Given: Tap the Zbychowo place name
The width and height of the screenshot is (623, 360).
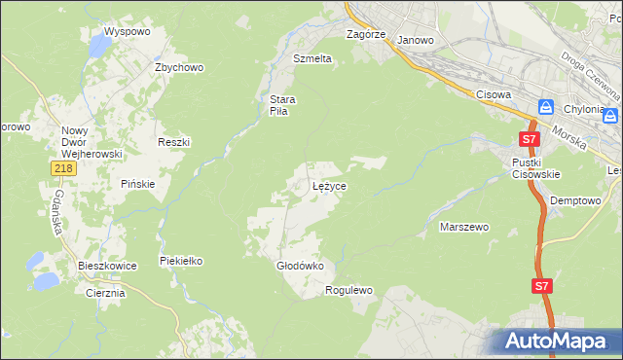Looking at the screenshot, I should tap(179, 67).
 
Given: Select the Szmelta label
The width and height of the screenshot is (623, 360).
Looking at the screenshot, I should tap(312, 58).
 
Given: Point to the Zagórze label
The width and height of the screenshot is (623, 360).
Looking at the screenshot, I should tap(367, 34).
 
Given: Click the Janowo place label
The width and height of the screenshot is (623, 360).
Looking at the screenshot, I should tap(416, 40).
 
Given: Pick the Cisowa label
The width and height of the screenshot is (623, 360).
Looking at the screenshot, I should tap(495, 94).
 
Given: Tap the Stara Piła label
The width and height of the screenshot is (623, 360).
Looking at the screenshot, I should tap(282, 105).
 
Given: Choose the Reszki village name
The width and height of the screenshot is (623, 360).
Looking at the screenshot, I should tap(174, 142).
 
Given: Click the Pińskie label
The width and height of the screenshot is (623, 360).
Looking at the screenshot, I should tap(138, 184).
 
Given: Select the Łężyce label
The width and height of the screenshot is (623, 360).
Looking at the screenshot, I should tap(329, 185).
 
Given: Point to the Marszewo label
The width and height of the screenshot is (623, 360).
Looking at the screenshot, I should tap(464, 227).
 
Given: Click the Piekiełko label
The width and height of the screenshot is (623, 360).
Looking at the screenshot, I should tap(181, 261).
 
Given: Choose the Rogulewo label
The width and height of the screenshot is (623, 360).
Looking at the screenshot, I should tap(349, 290).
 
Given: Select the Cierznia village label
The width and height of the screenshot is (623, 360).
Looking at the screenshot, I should tap(105, 293).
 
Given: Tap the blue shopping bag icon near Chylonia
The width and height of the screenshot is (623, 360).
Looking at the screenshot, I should tap(546, 107).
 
